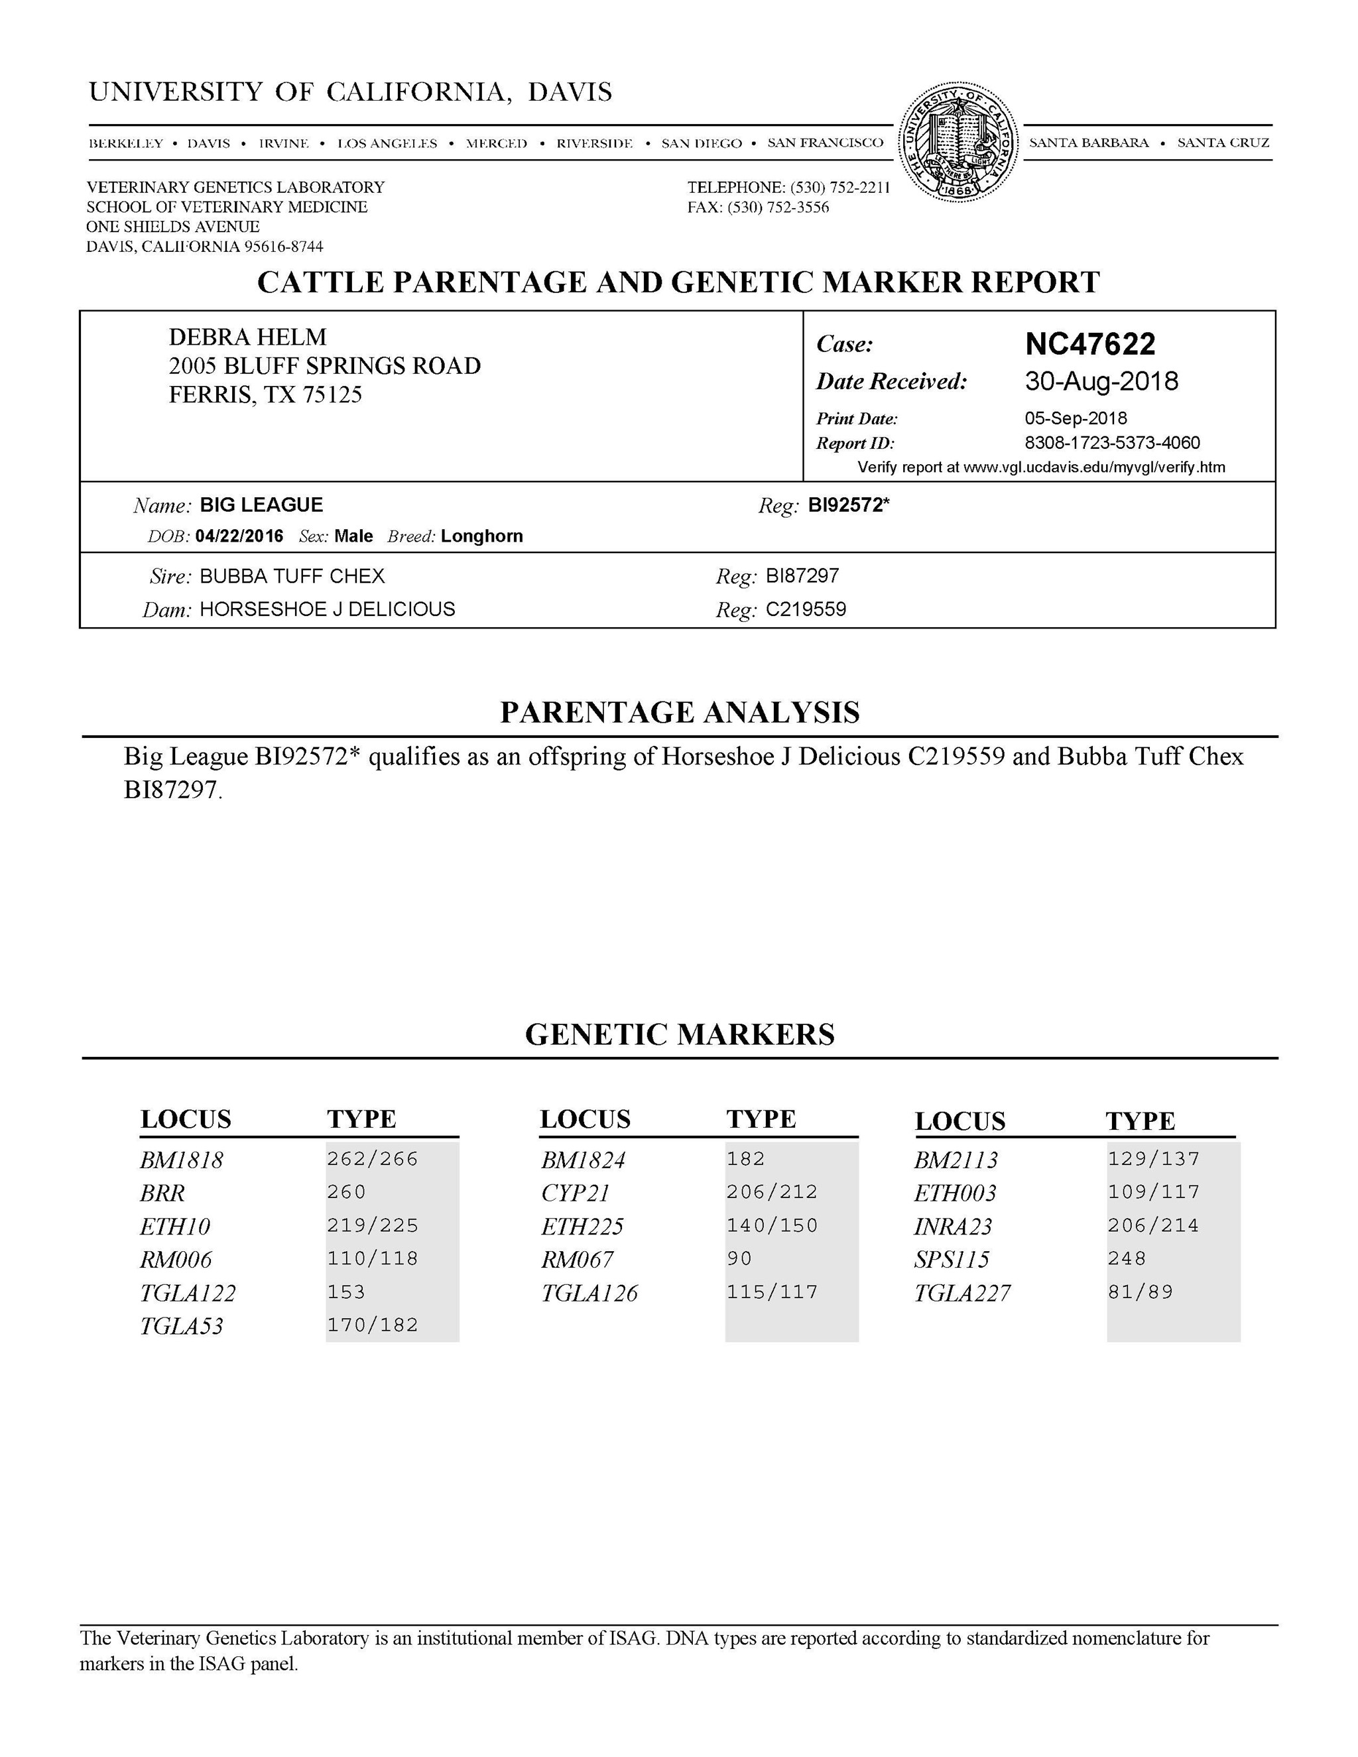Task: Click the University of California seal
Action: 957,143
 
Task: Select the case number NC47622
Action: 1090,344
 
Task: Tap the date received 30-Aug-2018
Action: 1101,381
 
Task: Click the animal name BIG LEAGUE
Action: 261,505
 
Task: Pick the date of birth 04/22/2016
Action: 239,536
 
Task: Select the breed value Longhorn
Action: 482,536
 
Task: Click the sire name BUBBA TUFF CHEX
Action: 292,576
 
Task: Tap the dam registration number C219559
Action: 805,609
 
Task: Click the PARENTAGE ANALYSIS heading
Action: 680,713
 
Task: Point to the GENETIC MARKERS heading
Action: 680,1034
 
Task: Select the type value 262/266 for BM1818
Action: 373,1159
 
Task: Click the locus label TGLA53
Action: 182,1326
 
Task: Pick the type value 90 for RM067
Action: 739,1258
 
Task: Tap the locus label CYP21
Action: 575,1192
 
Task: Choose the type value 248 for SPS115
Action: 1127,1258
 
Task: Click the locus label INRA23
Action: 953,1226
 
